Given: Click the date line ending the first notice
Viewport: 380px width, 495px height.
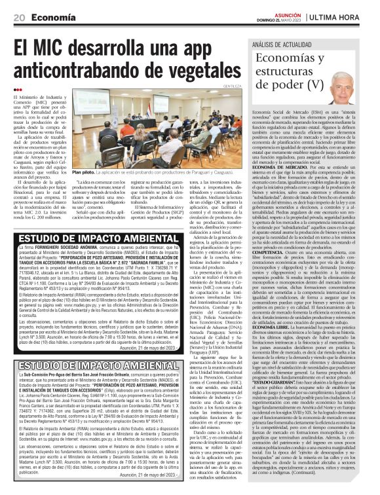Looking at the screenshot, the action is pyautogui.click(x=162, y=349).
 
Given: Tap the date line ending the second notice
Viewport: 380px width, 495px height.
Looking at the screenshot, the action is pyautogui.click(x=162, y=474).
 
